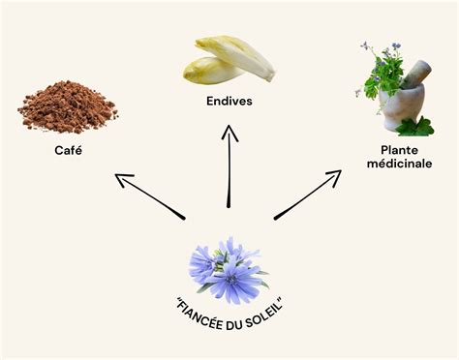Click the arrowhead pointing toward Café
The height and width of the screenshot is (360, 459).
pyautogui.click(x=119, y=177)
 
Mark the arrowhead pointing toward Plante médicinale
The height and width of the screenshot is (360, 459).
pyautogui.click(x=336, y=175)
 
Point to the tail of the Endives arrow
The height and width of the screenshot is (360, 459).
pyautogui.click(x=229, y=204)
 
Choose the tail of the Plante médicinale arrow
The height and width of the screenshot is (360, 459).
pyautogui.click(x=276, y=217)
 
